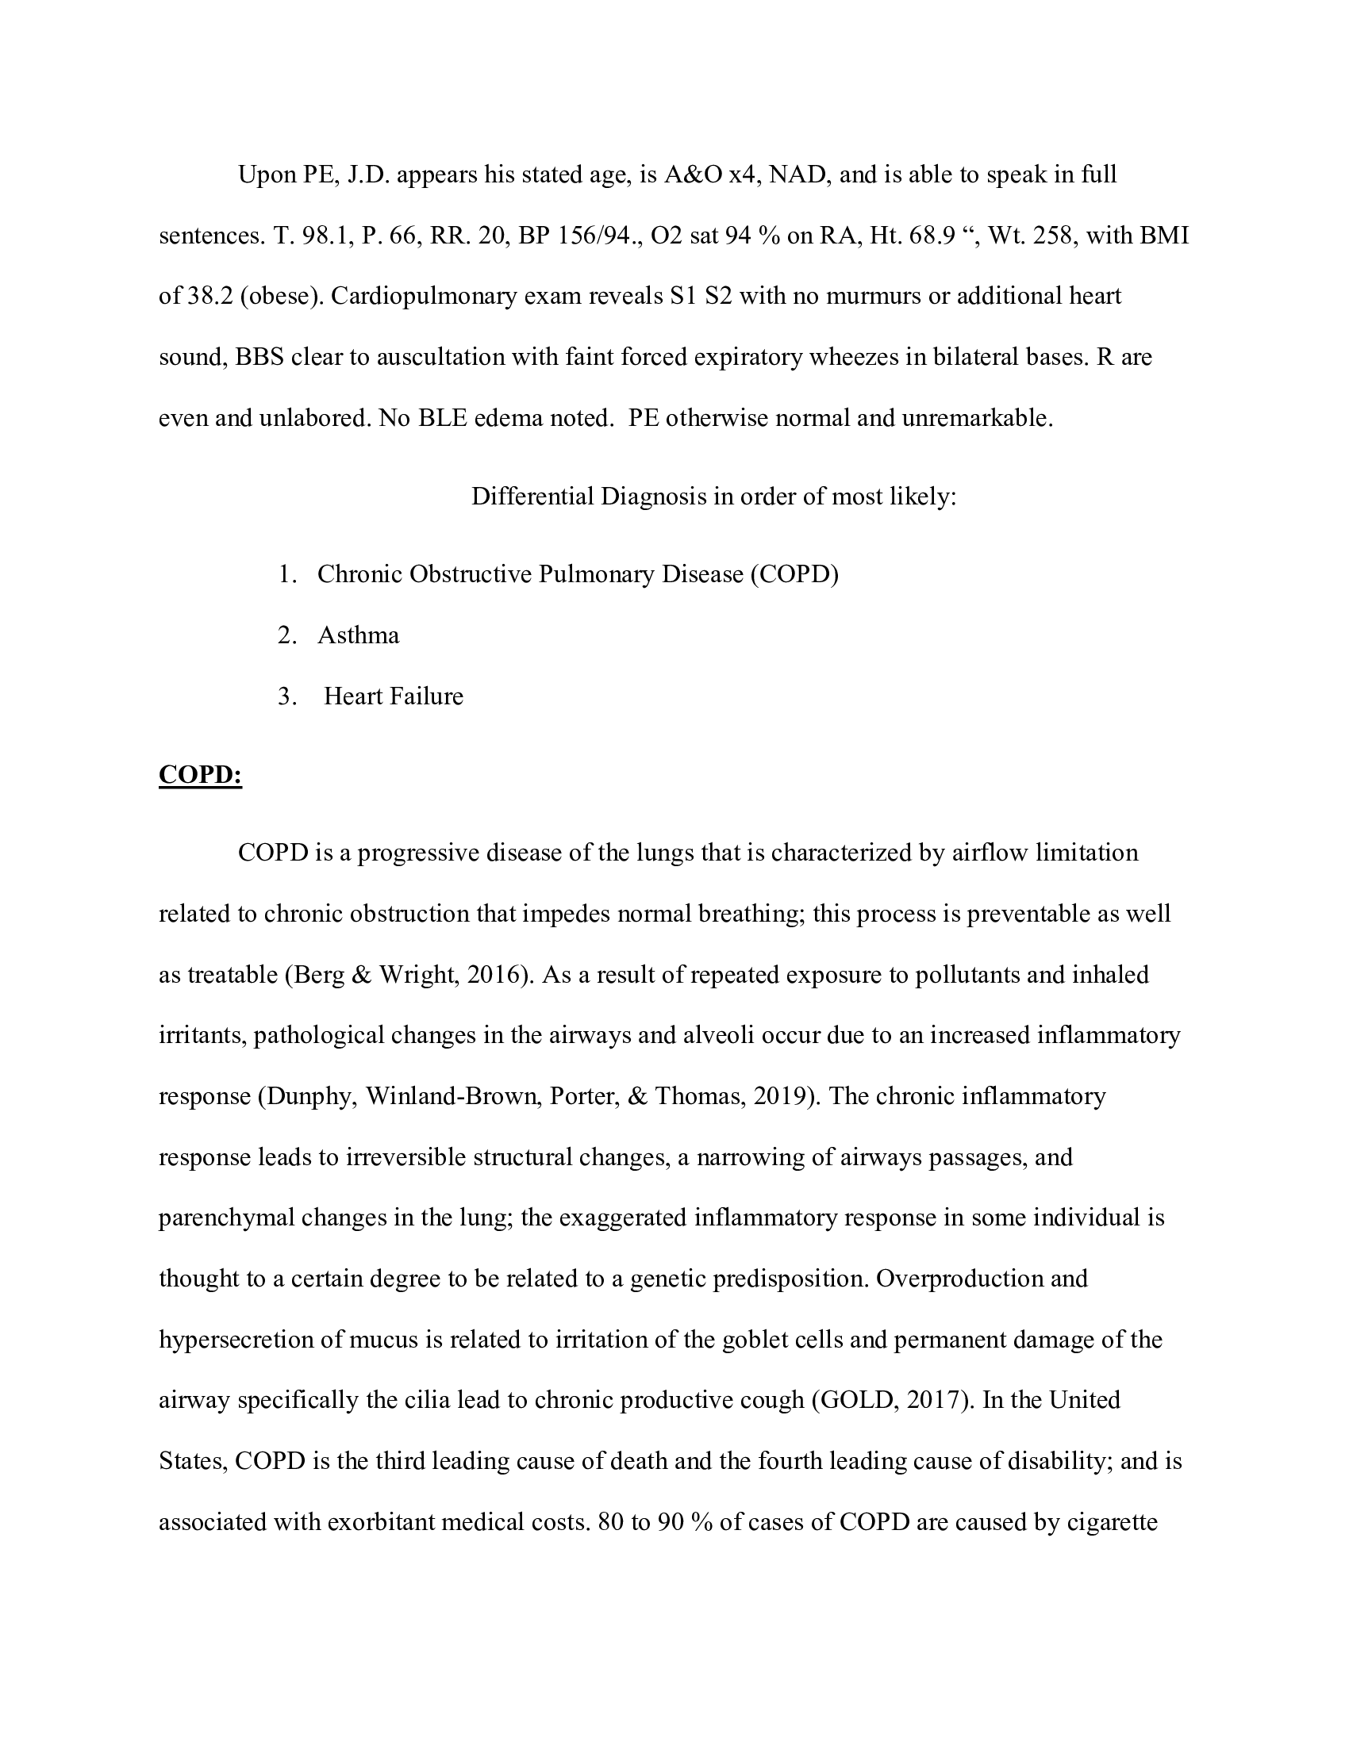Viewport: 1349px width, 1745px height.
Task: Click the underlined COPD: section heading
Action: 200,774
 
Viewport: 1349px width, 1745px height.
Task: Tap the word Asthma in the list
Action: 358,635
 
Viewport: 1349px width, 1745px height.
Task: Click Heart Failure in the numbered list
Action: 393,696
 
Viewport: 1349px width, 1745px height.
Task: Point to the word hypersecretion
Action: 236,1339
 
